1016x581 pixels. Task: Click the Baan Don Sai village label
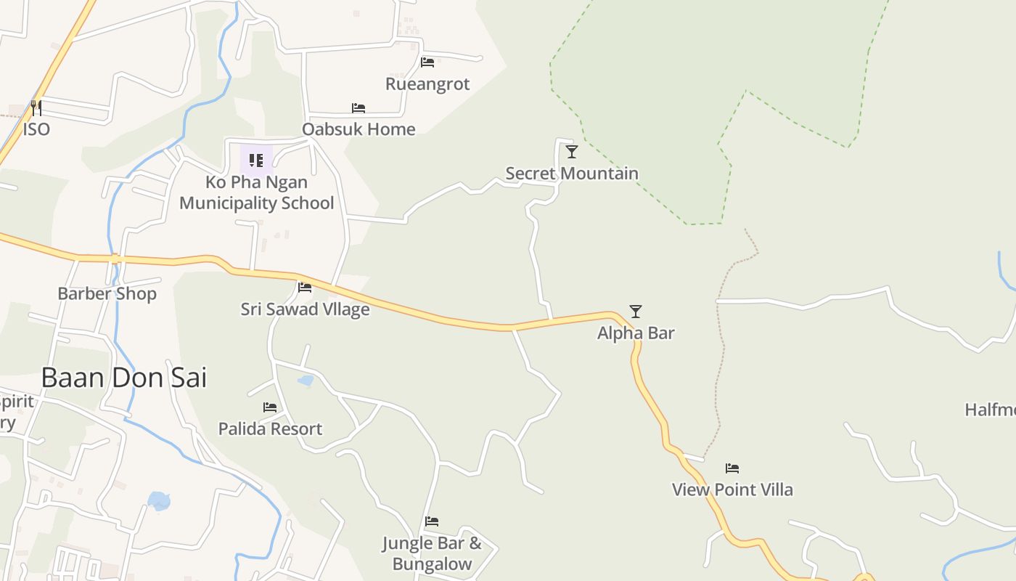123,378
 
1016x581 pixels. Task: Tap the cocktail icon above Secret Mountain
572,152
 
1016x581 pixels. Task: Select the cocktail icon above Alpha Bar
636,312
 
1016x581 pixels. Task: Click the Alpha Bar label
636,333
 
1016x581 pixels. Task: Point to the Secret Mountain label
572,174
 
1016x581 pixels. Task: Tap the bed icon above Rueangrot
427,62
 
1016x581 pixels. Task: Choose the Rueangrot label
427,84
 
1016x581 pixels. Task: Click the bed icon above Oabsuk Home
359,108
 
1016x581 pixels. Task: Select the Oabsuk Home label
359,129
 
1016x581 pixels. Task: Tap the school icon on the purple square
256,160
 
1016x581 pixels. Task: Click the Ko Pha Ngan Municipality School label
257,192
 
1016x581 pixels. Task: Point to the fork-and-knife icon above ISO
36,108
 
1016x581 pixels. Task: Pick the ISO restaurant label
36,129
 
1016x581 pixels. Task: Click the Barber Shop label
107,294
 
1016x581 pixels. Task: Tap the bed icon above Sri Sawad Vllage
305,288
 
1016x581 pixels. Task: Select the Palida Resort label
270,429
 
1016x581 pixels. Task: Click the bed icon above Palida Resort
270,407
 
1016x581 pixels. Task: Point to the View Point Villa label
732,489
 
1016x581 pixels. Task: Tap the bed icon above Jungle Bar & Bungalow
432,521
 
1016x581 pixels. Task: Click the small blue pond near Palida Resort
306,380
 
